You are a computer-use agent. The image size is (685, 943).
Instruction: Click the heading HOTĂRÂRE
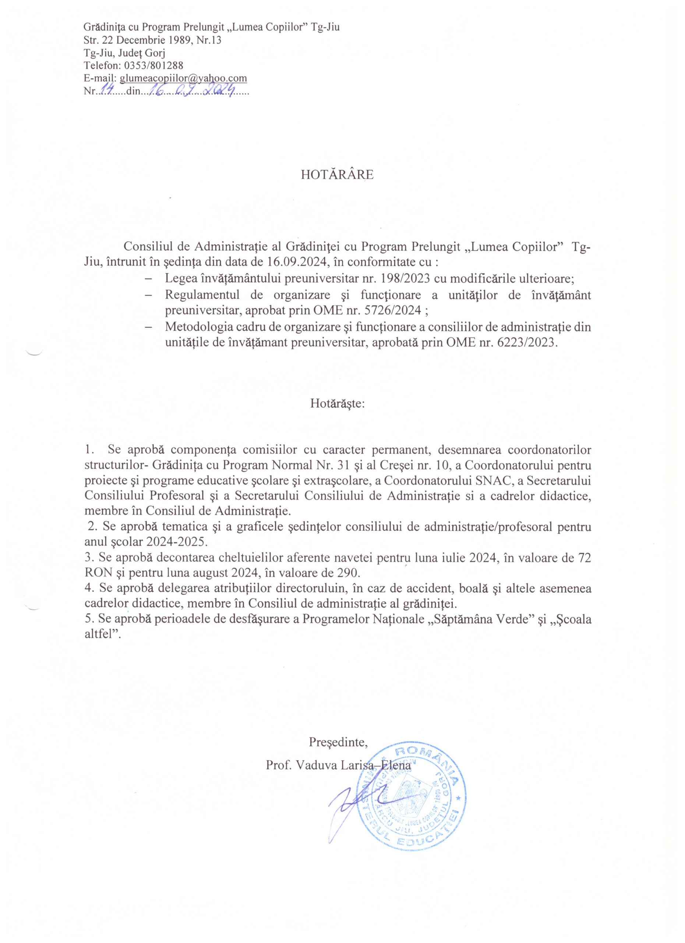[337, 175]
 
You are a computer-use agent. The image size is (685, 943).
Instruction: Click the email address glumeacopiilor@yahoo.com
[183, 78]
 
